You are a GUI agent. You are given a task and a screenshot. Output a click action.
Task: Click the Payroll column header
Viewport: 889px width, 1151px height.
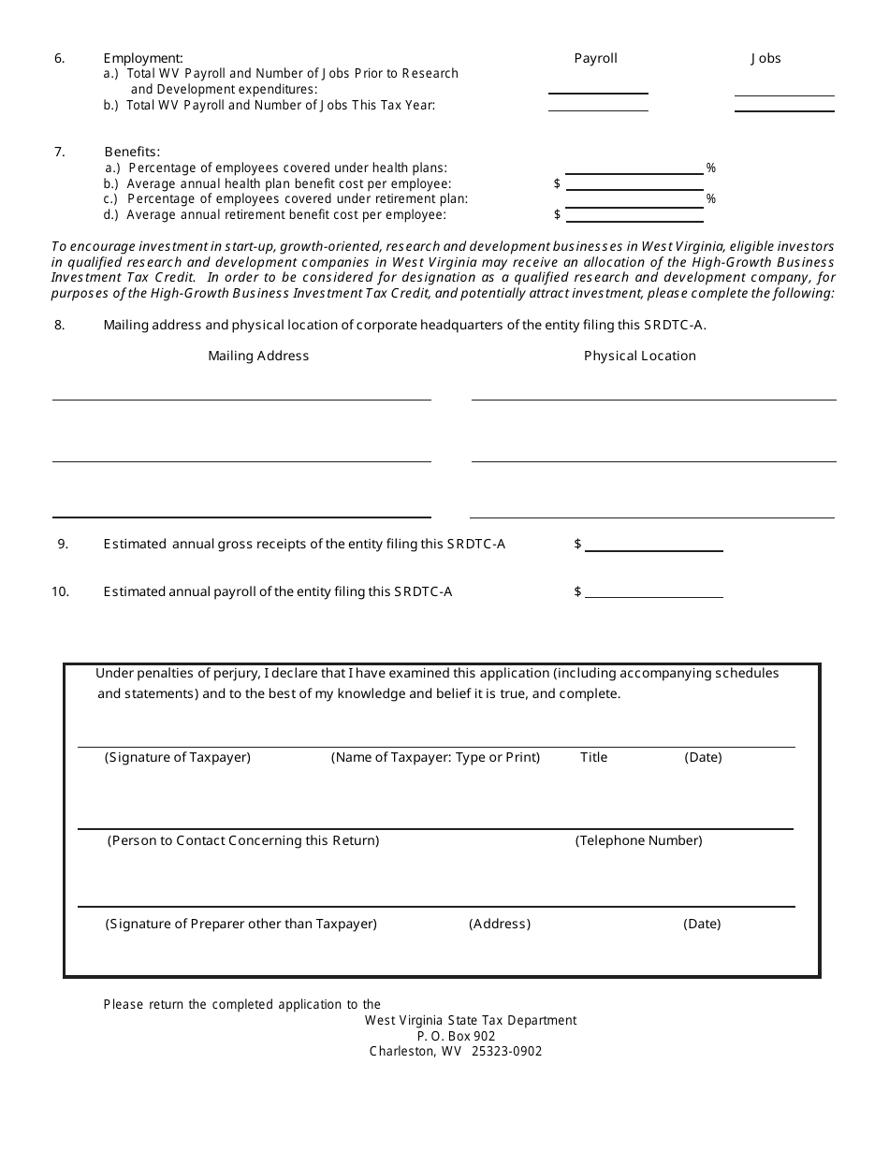click(595, 58)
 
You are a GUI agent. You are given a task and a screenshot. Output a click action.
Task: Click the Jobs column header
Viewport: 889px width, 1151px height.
click(765, 58)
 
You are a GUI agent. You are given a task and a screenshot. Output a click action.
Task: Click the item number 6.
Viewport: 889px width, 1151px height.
click(60, 58)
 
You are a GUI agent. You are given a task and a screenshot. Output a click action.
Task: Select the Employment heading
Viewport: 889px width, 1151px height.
click(143, 58)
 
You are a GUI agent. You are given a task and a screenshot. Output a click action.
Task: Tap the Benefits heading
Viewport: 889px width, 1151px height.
click(132, 152)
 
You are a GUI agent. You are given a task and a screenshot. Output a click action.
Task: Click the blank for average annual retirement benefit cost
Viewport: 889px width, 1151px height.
click(634, 213)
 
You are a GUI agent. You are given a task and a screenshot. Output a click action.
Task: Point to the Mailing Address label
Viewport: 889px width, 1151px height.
click(258, 356)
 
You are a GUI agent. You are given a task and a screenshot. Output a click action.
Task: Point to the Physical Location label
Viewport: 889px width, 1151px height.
click(640, 356)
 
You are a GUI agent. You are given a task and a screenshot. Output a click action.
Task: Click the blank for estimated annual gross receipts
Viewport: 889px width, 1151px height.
click(653, 544)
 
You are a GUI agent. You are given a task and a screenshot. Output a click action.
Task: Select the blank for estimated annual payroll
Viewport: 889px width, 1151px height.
click(653, 590)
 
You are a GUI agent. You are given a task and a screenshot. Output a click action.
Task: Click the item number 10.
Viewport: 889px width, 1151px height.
click(60, 591)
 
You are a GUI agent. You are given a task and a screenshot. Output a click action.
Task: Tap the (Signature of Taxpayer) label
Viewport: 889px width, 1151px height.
click(178, 757)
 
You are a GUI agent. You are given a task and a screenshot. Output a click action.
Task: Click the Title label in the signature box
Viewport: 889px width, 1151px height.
click(593, 757)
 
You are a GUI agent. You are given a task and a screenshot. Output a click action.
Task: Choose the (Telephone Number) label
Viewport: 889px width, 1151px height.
click(638, 840)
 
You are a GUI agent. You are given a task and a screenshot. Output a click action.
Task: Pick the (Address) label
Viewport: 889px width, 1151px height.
click(500, 924)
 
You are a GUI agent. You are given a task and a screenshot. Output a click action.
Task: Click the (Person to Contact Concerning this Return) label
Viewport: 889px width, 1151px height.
click(243, 840)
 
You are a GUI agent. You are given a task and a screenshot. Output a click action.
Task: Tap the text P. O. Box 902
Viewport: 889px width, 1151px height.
click(456, 1036)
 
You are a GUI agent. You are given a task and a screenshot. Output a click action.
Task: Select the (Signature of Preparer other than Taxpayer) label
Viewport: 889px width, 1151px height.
click(241, 924)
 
